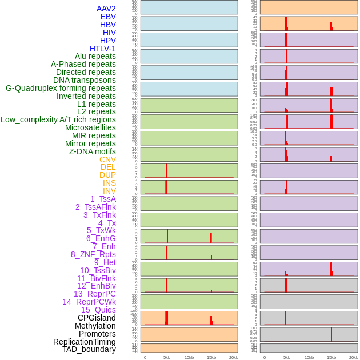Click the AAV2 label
click(106, 9)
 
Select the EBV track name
click(107, 17)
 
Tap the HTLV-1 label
click(102, 49)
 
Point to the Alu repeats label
click(95, 56)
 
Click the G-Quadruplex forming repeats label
click(61, 88)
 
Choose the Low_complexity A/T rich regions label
click(58, 119)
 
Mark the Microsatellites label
click(90, 127)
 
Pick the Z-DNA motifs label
click(92, 151)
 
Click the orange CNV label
click(107, 159)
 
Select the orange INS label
click(109, 183)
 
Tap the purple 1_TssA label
click(103, 199)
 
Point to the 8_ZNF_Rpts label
click(93, 254)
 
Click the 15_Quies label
click(98, 310)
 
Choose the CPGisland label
click(97, 318)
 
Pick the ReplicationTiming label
click(84, 342)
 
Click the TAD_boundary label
click(89, 349)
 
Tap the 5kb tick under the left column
click(167, 357)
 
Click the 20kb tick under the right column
click(353, 357)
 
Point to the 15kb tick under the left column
click(211, 357)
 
